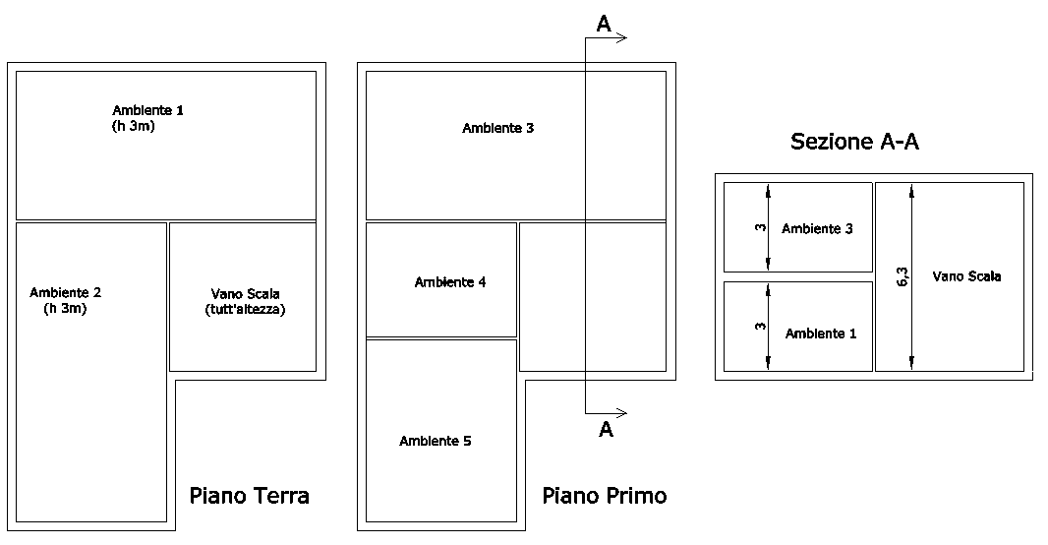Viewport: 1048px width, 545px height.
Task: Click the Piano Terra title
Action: coord(249,496)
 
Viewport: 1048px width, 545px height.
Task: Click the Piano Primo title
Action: coord(604,496)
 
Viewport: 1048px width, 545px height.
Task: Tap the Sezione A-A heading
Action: coord(854,142)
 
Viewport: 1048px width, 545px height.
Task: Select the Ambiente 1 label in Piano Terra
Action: coord(147,110)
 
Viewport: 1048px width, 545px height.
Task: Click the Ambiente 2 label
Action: coord(65,292)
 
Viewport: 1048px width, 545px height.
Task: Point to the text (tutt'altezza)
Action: coord(245,310)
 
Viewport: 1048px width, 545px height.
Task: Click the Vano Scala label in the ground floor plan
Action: coord(245,294)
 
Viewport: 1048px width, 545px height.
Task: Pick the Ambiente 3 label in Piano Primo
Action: coord(497,128)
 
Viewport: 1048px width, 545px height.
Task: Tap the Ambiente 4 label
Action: coord(449,282)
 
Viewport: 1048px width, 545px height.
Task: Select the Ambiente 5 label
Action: coord(435,441)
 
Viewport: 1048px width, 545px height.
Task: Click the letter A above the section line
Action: coord(604,24)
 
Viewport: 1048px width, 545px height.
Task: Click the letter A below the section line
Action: coord(606,430)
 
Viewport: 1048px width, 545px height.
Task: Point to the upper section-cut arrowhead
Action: coord(620,38)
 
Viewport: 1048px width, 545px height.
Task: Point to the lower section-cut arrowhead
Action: coord(620,413)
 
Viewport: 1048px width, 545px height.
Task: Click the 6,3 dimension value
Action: coord(902,277)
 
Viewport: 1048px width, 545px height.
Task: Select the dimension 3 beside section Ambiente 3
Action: coord(760,228)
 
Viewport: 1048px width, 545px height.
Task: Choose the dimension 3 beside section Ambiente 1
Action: coord(760,327)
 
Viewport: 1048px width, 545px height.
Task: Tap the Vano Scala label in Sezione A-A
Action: coord(966,276)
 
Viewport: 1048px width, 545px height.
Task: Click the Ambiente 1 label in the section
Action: coord(820,333)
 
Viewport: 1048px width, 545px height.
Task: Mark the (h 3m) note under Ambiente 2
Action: coord(65,309)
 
